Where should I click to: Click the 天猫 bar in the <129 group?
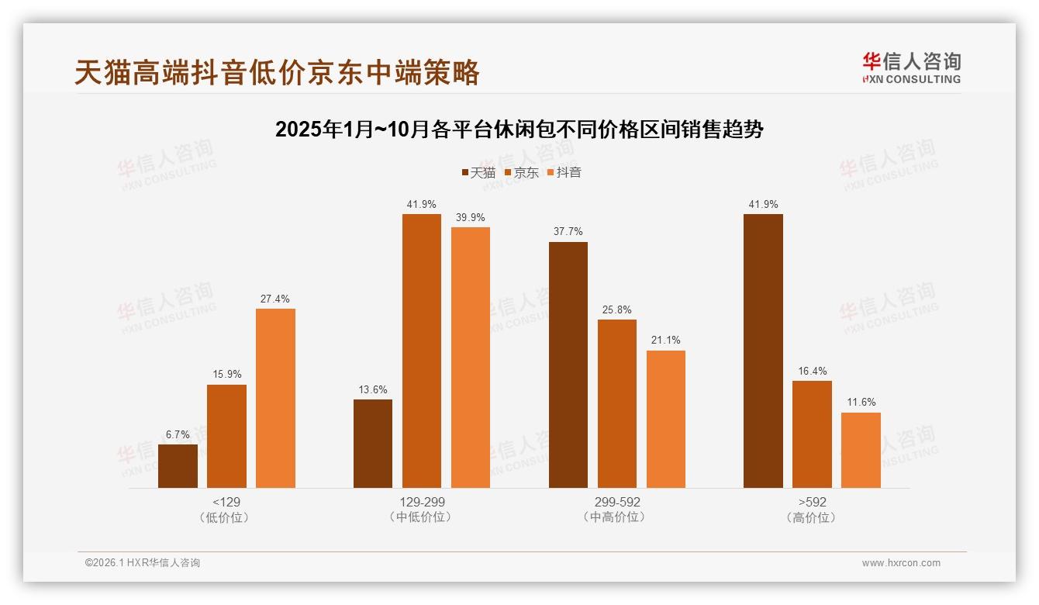(178, 466)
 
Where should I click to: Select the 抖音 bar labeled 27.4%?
(275, 398)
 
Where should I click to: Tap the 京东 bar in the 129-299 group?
(421, 351)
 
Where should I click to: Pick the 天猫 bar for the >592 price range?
(763, 351)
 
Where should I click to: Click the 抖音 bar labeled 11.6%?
(861, 450)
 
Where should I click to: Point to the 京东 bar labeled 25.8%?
(617, 403)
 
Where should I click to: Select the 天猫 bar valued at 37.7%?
(568, 365)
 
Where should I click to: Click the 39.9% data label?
(470, 218)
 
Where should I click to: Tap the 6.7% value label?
(178, 435)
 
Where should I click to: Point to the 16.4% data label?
(812, 372)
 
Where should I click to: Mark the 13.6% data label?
(372, 390)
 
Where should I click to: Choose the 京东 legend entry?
(520, 173)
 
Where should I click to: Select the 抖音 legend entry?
(564, 173)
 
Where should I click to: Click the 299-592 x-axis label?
(617, 502)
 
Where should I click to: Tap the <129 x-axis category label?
(226, 502)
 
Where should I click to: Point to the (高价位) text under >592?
(812, 517)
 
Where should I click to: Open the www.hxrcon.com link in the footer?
(901, 563)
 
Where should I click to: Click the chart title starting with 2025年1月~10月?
(519, 130)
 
